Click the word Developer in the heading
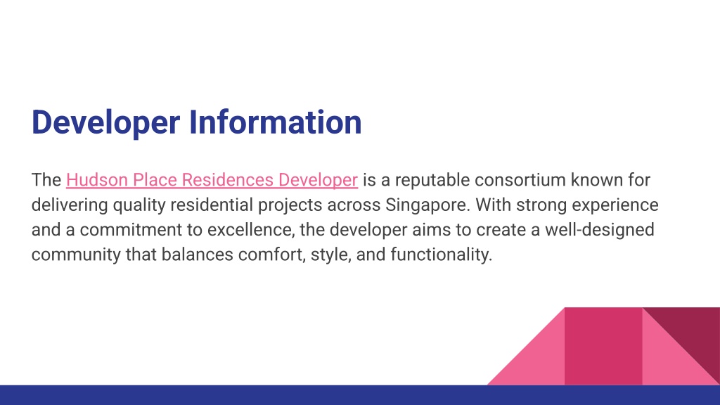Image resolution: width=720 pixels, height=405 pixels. [x=105, y=122]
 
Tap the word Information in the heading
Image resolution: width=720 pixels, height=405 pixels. [x=276, y=122]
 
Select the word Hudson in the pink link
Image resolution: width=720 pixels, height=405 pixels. [x=97, y=179]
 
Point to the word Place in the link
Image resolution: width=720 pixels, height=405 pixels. [x=155, y=179]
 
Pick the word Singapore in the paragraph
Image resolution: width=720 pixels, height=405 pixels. [x=427, y=205]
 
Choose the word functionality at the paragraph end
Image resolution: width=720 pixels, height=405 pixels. [x=442, y=255]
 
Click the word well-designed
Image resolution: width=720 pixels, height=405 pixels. [x=600, y=230]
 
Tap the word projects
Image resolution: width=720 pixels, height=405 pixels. [x=290, y=205]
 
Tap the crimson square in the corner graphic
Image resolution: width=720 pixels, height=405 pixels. [x=603, y=346]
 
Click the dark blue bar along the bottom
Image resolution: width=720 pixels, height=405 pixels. [x=360, y=395]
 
